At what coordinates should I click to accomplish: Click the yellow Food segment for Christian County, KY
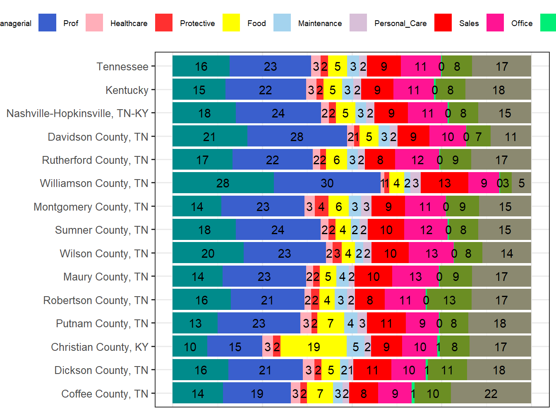click(x=314, y=347)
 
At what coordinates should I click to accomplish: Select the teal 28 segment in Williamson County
click(x=223, y=183)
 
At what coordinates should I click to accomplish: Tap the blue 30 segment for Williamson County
click(x=327, y=183)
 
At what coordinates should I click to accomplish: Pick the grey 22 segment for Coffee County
click(x=491, y=393)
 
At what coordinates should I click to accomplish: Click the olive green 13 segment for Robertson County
click(x=449, y=300)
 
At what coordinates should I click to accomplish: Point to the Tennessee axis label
click(x=122, y=67)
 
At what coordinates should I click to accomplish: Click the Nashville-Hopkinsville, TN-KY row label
click(x=77, y=113)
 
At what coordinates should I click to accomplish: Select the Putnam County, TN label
click(x=102, y=323)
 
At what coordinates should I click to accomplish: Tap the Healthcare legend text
click(x=129, y=23)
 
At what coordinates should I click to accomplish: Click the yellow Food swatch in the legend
click(x=231, y=23)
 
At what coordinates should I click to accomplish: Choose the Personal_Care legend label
click(x=400, y=23)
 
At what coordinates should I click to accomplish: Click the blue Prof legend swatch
click(x=47, y=23)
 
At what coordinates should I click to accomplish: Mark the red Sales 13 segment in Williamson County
click(x=444, y=183)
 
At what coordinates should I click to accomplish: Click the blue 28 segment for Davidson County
click(x=297, y=137)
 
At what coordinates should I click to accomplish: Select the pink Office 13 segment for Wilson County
click(x=431, y=253)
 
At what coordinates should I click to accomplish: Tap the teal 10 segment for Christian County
click(x=190, y=347)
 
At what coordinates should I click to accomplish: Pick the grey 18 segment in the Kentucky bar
click(x=498, y=90)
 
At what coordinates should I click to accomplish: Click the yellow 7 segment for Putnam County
click(x=331, y=323)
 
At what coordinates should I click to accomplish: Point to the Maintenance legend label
click(x=320, y=23)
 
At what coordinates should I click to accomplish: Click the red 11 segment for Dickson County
click(x=372, y=370)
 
